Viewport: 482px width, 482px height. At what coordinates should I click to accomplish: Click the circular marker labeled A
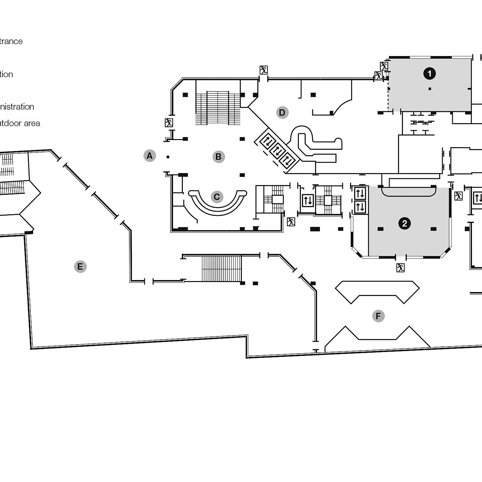[x=149, y=156]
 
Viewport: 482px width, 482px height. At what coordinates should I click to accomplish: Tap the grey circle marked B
[x=218, y=157]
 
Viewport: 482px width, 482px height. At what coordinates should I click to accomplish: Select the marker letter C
[x=217, y=197]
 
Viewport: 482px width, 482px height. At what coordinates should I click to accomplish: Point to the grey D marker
[x=282, y=112]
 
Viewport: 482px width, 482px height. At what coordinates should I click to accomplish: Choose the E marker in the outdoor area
[x=80, y=267]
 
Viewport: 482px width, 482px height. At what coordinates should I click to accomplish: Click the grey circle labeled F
[x=378, y=316]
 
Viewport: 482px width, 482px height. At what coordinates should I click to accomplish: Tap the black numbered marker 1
[x=429, y=74]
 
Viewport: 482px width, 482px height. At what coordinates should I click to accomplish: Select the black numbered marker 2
[x=404, y=224]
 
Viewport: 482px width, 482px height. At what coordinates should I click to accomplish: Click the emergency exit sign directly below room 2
[x=400, y=268]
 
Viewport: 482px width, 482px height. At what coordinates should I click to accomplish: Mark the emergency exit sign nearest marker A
[x=169, y=123]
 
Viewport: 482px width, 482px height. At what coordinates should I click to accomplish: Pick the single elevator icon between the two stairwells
[x=308, y=200]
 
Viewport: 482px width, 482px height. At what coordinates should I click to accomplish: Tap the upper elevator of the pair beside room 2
[x=360, y=194]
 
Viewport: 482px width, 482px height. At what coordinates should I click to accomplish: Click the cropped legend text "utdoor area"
[x=20, y=123]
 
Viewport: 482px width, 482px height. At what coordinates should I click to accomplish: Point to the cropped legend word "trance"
[x=11, y=41]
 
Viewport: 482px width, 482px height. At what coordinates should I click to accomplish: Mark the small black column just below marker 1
[x=430, y=88]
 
